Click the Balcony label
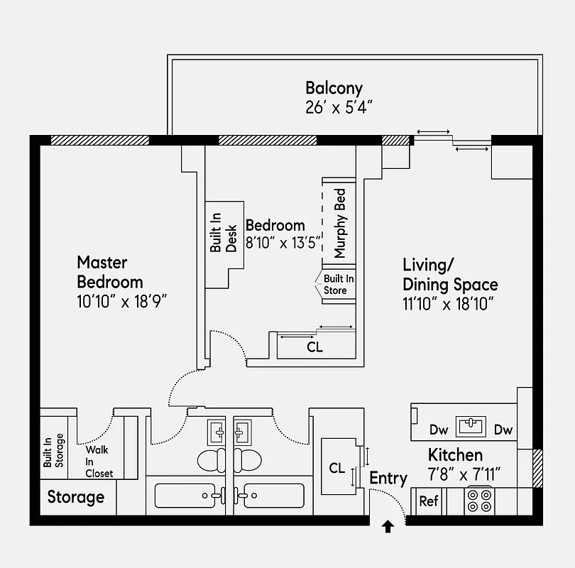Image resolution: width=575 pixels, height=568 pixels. coord(334,89)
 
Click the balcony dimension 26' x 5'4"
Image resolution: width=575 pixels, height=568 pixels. coord(338,108)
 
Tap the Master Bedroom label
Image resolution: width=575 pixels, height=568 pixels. coord(110,272)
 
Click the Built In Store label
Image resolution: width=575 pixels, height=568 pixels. coord(339,285)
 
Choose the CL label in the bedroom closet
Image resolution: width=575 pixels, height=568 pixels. coord(314,348)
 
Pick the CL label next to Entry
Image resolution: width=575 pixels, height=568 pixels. coord(337,468)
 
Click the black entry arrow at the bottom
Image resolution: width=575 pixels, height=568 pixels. coord(388,527)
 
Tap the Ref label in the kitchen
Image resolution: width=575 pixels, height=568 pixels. coord(429,501)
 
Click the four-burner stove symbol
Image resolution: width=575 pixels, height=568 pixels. coord(480,501)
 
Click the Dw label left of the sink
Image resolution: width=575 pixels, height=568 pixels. coord(439,430)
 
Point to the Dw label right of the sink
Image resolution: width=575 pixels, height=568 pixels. coord(503,430)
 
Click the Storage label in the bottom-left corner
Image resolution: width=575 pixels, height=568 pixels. coord(76,497)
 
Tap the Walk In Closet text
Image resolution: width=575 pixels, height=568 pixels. coord(99,461)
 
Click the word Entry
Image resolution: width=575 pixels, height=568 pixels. coord(388,479)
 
